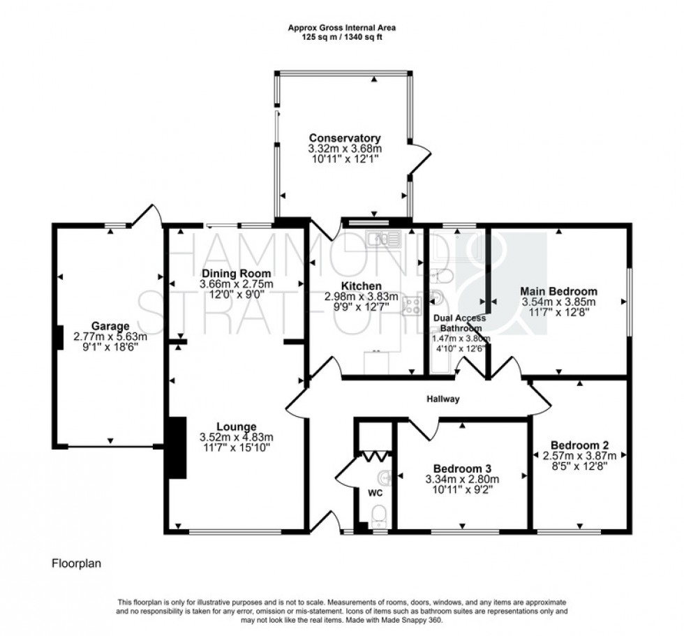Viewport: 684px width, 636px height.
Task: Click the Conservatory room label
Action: (345, 138)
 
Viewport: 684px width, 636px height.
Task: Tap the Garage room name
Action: (110, 325)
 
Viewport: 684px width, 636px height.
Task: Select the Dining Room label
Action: (236, 273)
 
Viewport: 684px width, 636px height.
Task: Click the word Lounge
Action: (236, 427)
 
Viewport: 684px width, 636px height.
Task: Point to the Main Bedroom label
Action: (559, 291)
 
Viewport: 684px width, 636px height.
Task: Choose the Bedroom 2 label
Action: (579, 445)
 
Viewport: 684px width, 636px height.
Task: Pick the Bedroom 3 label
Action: (462, 468)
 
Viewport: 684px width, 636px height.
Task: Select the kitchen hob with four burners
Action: (411, 304)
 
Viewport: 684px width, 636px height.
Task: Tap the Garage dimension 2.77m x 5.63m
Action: (110, 337)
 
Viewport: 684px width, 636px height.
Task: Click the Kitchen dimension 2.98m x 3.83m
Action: (362, 297)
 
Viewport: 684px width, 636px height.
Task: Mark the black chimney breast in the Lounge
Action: (177, 448)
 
